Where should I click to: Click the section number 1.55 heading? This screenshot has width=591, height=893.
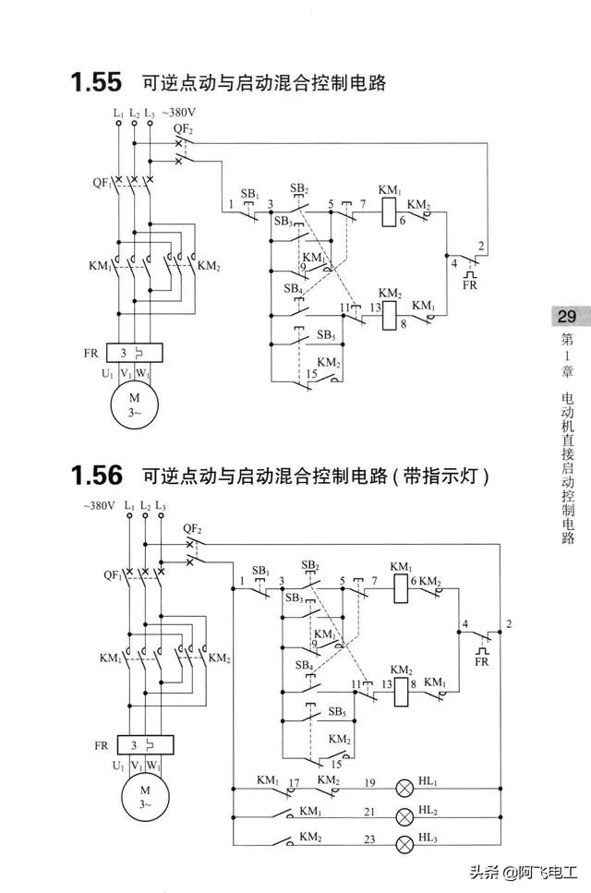[x=96, y=82]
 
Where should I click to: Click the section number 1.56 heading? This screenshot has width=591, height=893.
[x=96, y=477]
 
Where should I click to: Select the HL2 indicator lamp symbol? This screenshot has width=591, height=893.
[x=404, y=816]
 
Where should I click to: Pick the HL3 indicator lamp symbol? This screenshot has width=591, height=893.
[x=404, y=844]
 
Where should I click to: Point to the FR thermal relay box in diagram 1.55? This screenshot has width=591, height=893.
[x=135, y=353]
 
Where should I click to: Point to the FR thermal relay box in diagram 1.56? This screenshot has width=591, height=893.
[x=145, y=744]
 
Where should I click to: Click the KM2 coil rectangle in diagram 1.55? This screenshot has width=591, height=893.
[x=389, y=315]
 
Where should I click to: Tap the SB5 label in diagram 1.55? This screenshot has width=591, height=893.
[x=326, y=335]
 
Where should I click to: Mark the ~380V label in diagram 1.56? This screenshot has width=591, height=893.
[x=99, y=506]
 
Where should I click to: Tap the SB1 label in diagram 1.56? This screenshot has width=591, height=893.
[x=260, y=571]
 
